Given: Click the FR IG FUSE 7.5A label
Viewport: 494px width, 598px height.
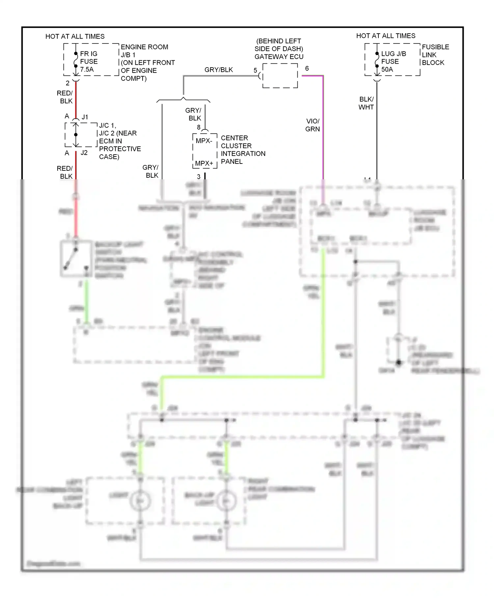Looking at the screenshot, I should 89,61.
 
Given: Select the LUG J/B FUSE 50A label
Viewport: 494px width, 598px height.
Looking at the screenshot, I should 393,61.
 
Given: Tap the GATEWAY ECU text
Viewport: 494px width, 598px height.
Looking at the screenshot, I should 279,57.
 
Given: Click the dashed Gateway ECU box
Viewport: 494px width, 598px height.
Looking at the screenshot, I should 280,76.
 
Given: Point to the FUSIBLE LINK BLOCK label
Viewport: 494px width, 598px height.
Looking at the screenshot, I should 435,55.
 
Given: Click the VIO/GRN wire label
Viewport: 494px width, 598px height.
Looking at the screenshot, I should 312,125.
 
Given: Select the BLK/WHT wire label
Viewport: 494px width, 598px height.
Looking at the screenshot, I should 366,103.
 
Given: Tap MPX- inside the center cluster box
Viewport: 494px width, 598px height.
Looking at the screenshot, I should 204,141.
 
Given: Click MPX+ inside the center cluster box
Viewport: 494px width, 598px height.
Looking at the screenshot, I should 204,163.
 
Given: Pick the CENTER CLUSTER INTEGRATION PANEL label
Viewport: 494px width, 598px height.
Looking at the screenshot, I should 243,150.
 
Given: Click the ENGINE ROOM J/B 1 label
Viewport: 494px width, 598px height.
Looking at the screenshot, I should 147,63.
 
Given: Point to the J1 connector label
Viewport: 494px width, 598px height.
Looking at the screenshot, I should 85,117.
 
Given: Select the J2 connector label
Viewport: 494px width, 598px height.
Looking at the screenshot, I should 84,153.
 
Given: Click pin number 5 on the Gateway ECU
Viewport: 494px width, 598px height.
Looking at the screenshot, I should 255,70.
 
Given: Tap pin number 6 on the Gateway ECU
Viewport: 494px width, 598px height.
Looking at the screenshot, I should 307,68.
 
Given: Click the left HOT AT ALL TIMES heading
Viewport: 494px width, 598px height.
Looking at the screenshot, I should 75,36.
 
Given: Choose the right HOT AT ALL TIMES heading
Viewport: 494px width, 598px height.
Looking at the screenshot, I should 386,36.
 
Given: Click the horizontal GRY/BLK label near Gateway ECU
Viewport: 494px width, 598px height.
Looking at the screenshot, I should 218,70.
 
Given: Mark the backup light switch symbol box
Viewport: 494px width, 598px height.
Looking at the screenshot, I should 76,259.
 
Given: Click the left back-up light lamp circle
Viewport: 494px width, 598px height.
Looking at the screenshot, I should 140,501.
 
